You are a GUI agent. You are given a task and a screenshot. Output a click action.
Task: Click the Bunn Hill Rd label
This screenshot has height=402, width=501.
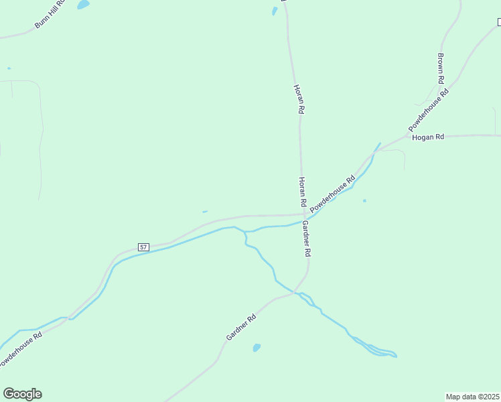[x=50, y=15]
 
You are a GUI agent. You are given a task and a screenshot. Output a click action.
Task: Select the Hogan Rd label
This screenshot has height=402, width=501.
[x=428, y=137]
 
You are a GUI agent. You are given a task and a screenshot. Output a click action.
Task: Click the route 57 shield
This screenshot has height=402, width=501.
[x=143, y=247]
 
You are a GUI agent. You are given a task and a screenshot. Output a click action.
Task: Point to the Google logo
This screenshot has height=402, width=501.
[x=22, y=394]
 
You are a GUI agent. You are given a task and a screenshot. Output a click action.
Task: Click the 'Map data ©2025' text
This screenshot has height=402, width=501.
[x=473, y=397]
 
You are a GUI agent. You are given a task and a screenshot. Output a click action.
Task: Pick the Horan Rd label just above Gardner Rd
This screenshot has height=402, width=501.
[x=302, y=192]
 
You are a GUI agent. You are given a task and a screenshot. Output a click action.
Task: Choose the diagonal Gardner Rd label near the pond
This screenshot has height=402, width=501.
[x=241, y=328]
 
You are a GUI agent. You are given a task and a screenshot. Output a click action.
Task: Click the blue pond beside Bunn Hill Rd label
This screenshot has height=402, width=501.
[x=83, y=5]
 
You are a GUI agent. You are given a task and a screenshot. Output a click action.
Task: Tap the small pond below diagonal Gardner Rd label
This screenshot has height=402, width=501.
[x=256, y=348]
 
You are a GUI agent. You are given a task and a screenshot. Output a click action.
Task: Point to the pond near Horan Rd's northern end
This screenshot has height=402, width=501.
[x=275, y=11]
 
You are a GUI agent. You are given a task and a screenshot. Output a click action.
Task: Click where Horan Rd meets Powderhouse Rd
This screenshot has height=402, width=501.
[x=303, y=215]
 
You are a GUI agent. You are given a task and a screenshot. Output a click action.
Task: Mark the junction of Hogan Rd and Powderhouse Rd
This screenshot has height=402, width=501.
[x=409, y=136]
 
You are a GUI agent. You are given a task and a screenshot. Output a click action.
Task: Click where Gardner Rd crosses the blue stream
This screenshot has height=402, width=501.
[x=295, y=293]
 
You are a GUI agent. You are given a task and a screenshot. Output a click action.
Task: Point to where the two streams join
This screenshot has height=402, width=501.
[x=245, y=232]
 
